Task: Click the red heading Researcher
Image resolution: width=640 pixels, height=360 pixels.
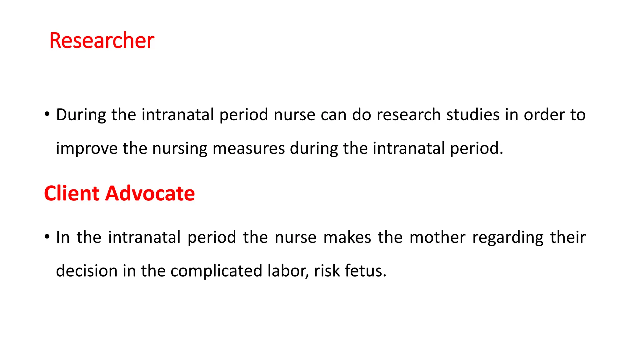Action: click(x=102, y=41)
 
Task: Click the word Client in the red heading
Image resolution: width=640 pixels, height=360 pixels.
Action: click(x=72, y=193)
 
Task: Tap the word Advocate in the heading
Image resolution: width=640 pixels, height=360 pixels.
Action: click(x=150, y=193)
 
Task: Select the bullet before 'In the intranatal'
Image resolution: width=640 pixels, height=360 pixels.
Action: click(x=47, y=237)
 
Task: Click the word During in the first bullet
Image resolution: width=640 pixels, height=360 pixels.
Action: click(x=81, y=115)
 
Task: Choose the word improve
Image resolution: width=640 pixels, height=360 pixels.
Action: click(x=87, y=148)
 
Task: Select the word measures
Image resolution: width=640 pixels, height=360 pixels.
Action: click(x=248, y=148)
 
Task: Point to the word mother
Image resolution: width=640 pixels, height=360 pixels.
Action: click(x=437, y=237)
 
